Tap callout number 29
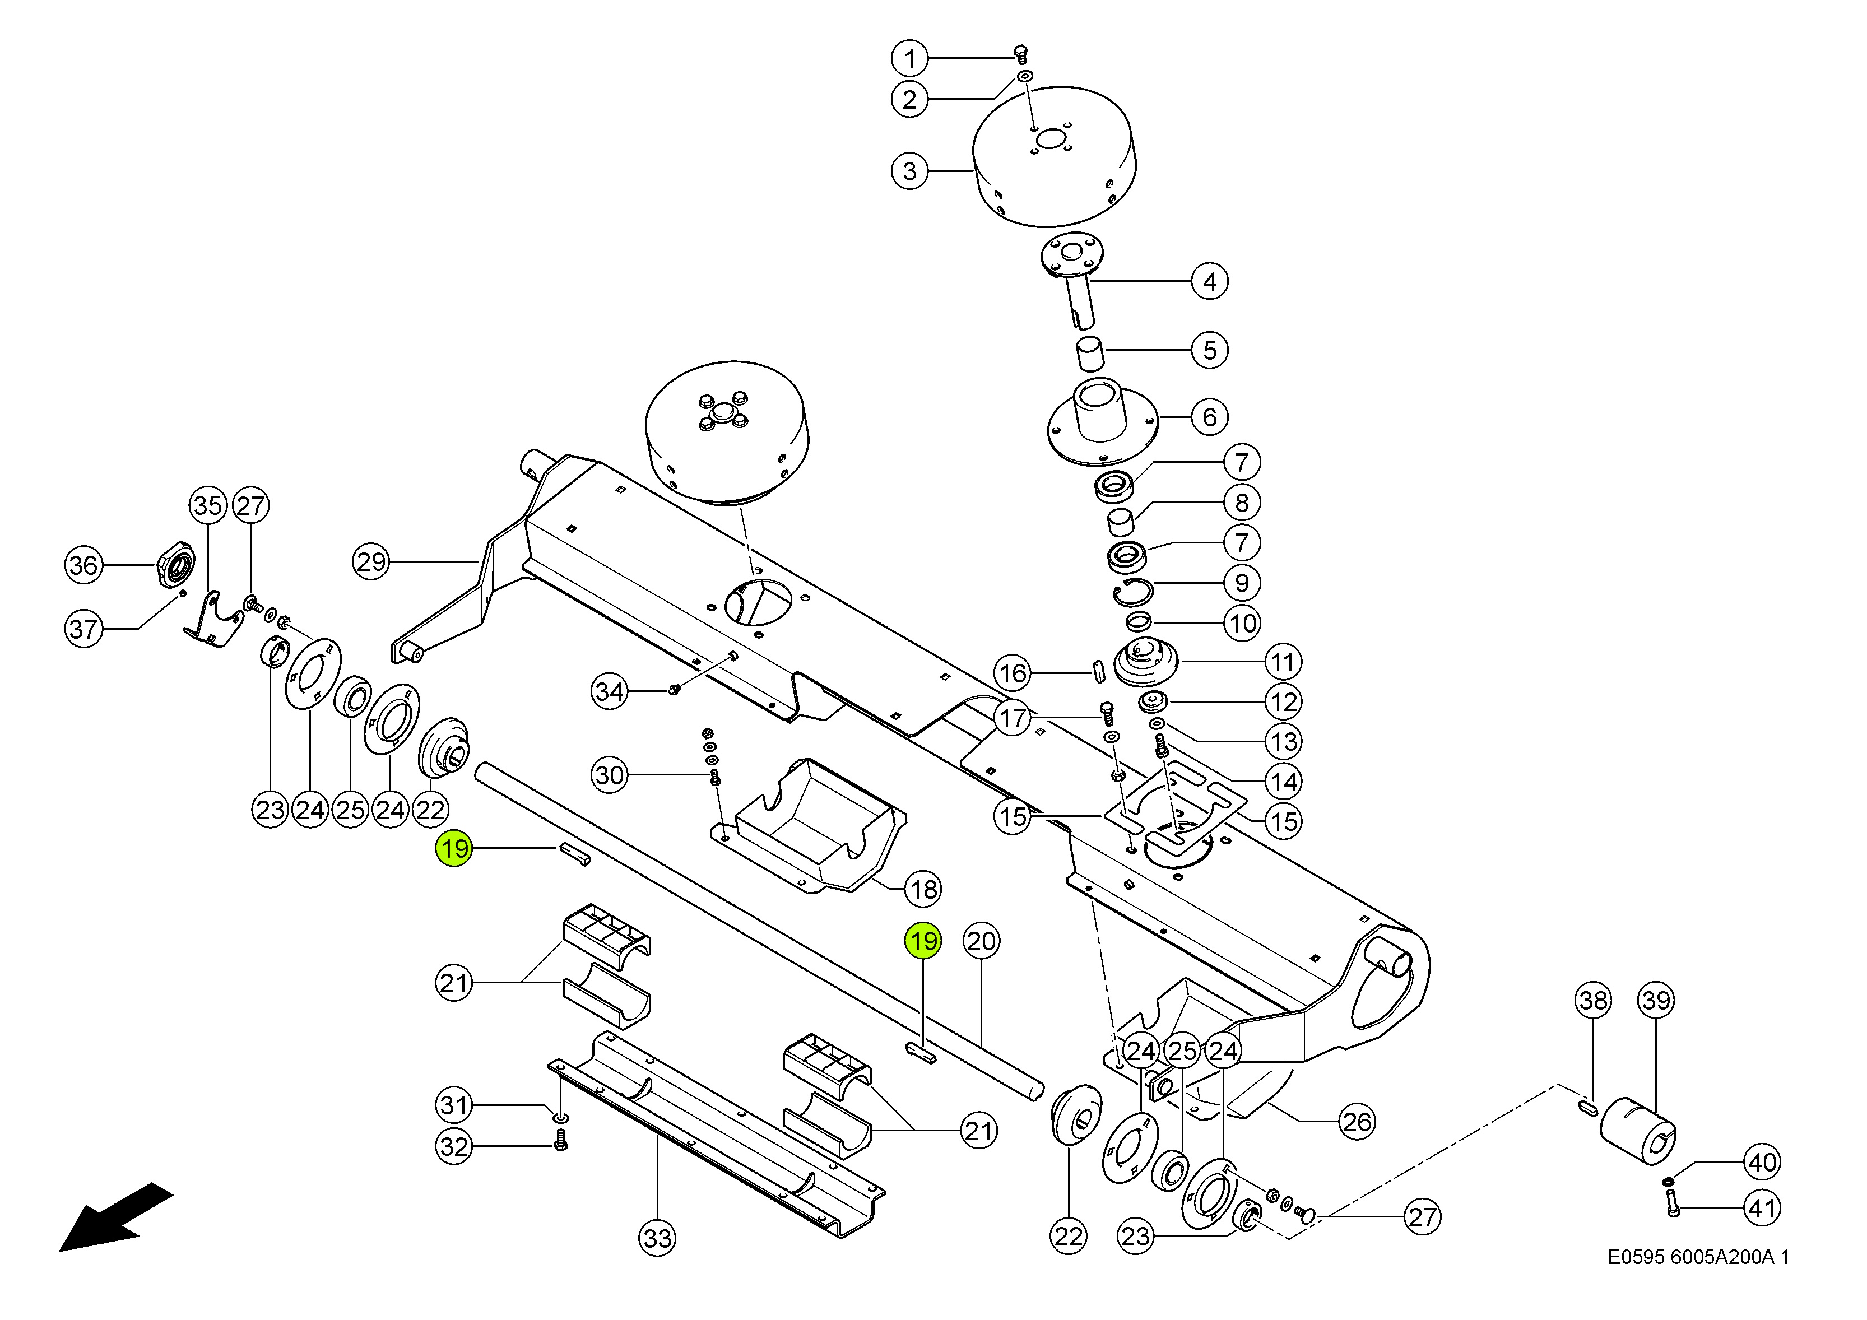pos(371,562)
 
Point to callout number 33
pos(657,1238)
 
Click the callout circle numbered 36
pos(83,565)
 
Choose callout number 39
pos(1656,1001)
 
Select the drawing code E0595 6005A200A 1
pos(1698,1257)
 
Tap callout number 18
pos(923,889)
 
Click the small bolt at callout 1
pos(1021,54)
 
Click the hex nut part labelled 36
pos(175,563)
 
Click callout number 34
pos(609,692)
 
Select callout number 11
pos(1283,662)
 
